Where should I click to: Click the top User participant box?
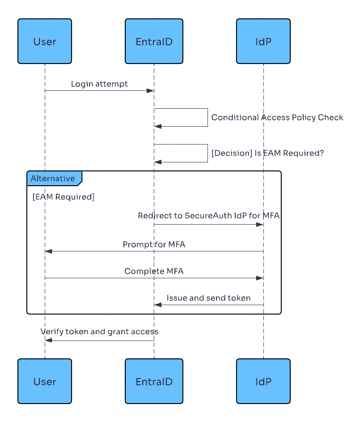tap(45, 42)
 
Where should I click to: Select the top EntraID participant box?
tap(154, 42)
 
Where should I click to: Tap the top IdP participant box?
tap(263, 42)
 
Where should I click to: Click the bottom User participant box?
tap(45, 382)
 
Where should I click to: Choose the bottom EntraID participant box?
tap(154, 382)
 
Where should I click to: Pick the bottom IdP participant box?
tap(263, 382)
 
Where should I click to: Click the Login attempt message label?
tap(99, 84)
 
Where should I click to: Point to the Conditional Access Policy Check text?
tap(277, 118)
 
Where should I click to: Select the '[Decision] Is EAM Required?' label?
tap(267, 153)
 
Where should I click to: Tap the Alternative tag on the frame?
tap(53, 179)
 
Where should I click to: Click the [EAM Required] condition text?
tap(64, 197)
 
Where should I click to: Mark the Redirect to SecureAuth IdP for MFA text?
tap(208, 216)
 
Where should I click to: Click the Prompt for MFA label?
tap(154, 245)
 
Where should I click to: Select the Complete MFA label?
tap(154, 271)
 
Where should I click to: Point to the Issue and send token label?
tap(208, 298)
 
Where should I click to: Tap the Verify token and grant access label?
tap(99, 332)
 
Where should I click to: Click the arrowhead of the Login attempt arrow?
tap(151, 91)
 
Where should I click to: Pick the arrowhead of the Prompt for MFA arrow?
tap(49, 251)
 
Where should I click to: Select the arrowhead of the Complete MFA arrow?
tap(259, 278)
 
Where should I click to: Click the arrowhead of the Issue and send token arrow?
tap(158, 305)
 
